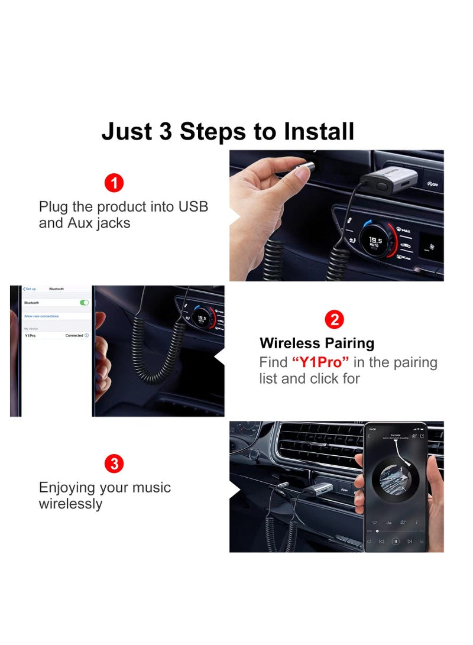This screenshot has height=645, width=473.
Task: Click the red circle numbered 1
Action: click(x=114, y=183)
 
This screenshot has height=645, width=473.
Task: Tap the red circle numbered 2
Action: click(x=334, y=320)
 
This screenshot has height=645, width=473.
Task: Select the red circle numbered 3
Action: click(x=114, y=464)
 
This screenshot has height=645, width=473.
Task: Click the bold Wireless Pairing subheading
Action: click(x=317, y=343)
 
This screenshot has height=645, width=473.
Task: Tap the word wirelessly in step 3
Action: click(x=70, y=504)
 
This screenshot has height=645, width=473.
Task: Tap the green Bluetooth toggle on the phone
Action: click(x=84, y=302)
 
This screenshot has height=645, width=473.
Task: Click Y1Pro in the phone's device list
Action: click(x=30, y=335)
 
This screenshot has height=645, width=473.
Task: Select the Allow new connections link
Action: click(x=41, y=316)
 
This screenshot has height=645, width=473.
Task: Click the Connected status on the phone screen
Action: click(x=74, y=335)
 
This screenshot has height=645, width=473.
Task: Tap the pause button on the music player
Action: click(x=396, y=540)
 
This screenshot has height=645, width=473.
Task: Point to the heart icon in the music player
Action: click(x=374, y=523)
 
